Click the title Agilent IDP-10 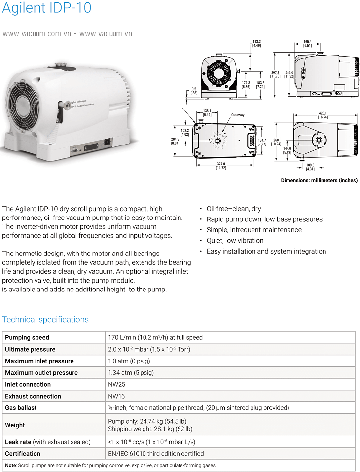pyautogui.click(x=47, y=8)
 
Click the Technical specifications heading pyautogui.click(x=45, y=319)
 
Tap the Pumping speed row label pyautogui.click(x=27, y=337)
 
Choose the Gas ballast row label pyautogui.click(x=21, y=408)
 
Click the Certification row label pyautogui.click(x=23, y=453)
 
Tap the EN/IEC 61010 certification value pyautogui.click(x=156, y=453)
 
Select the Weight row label pyautogui.click(x=15, y=425)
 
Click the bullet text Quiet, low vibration pyautogui.click(x=235, y=240)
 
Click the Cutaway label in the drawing pyautogui.click(x=238, y=115)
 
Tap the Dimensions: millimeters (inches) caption pyautogui.click(x=319, y=180)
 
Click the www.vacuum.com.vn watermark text pyautogui.click(x=37, y=34)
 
